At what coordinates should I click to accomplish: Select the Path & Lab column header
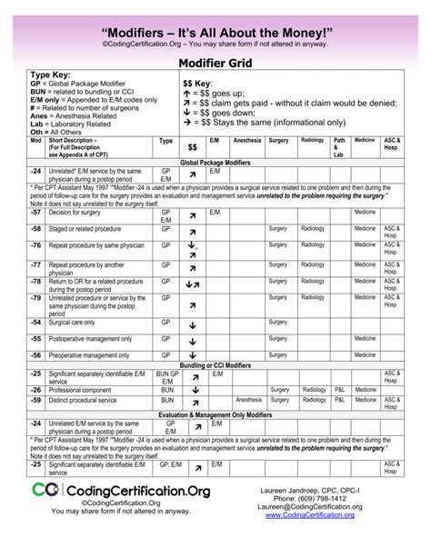coord(338,147)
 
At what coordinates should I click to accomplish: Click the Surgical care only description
coord(77,322)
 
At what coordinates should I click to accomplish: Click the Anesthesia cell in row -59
coord(248,399)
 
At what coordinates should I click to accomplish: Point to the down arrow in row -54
coord(193,324)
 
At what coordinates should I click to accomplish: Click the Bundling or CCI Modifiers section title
coord(215,363)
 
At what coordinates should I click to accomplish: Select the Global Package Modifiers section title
coord(215,161)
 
